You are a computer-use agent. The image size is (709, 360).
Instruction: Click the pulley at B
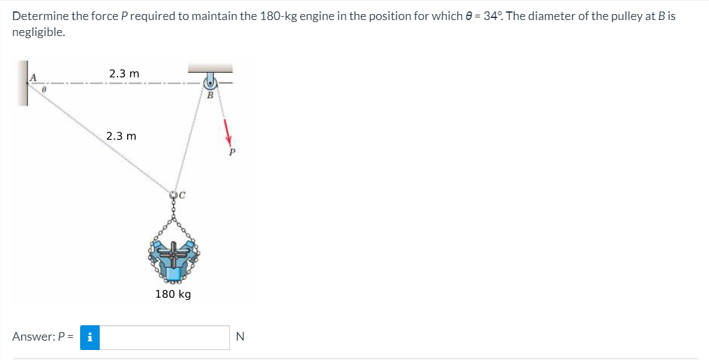[210, 83]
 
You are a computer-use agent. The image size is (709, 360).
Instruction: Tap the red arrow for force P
[227, 132]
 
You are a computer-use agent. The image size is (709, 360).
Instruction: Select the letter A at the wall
[33, 77]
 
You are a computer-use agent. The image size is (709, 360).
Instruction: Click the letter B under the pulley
[210, 95]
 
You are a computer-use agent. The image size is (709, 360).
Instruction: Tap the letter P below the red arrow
[232, 152]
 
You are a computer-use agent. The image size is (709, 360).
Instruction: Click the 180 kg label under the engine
[173, 294]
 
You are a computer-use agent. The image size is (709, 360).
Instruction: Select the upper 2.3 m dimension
[124, 73]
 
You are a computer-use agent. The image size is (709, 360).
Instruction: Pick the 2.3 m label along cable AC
[121, 136]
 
